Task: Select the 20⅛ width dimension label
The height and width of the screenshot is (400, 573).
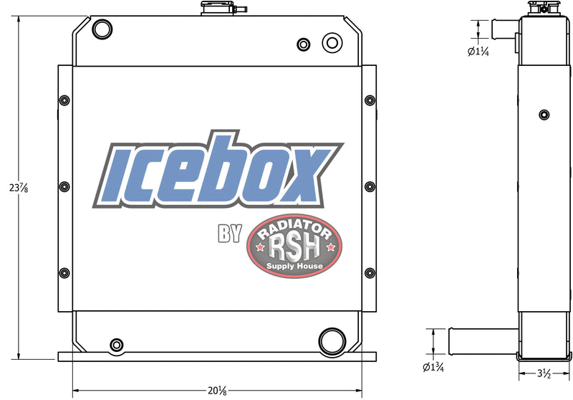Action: coord(219,390)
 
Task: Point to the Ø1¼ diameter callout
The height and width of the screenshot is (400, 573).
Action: coord(477,52)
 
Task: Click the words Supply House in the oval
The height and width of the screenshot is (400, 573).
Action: coord(294,267)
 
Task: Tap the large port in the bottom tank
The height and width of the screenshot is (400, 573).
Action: coord(331,339)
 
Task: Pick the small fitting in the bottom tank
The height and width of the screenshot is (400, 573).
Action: coord(116,346)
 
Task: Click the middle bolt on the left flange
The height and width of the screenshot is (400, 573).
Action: coord(64,186)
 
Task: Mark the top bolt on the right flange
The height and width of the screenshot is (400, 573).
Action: coord(370,100)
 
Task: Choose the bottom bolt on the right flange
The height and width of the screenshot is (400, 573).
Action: coord(370,272)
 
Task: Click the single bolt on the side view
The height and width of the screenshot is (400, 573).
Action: coord(544,115)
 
